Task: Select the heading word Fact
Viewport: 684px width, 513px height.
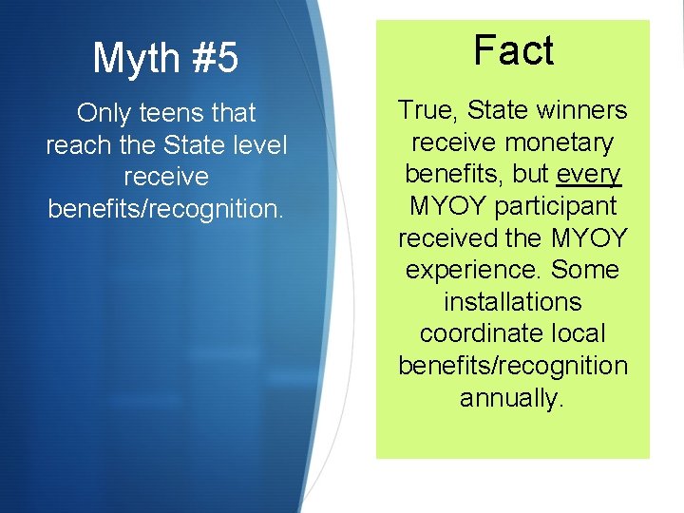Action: click(x=513, y=50)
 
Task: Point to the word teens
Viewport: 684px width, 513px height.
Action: click(x=174, y=114)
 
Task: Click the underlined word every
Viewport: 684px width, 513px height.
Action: click(x=589, y=175)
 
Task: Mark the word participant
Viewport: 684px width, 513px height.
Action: click(x=557, y=206)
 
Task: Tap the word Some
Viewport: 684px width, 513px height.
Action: click(x=584, y=270)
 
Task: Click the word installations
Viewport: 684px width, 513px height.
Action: click(x=513, y=302)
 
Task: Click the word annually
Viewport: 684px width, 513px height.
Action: click(x=513, y=397)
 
